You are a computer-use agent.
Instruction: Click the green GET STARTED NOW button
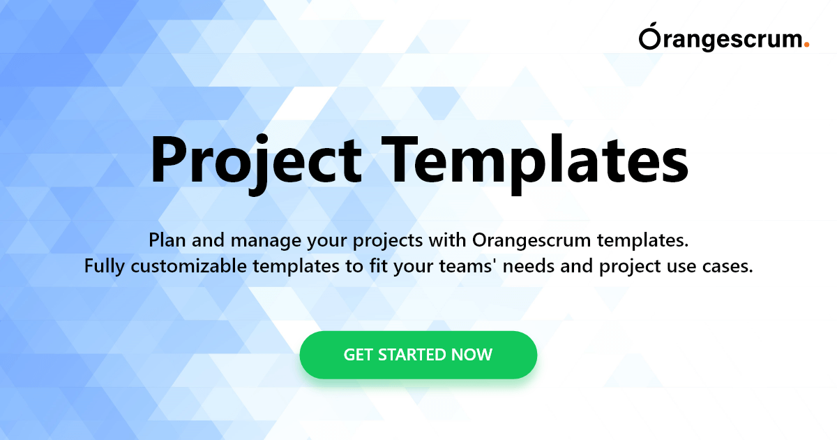418,355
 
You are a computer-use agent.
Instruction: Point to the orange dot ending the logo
807,45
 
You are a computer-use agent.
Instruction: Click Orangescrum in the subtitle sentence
531,240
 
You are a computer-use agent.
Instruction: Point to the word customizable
189,266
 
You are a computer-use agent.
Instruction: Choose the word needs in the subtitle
529,266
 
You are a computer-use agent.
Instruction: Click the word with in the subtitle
447,240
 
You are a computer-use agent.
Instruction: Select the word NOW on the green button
472,355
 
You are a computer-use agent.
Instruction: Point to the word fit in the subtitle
378,266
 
